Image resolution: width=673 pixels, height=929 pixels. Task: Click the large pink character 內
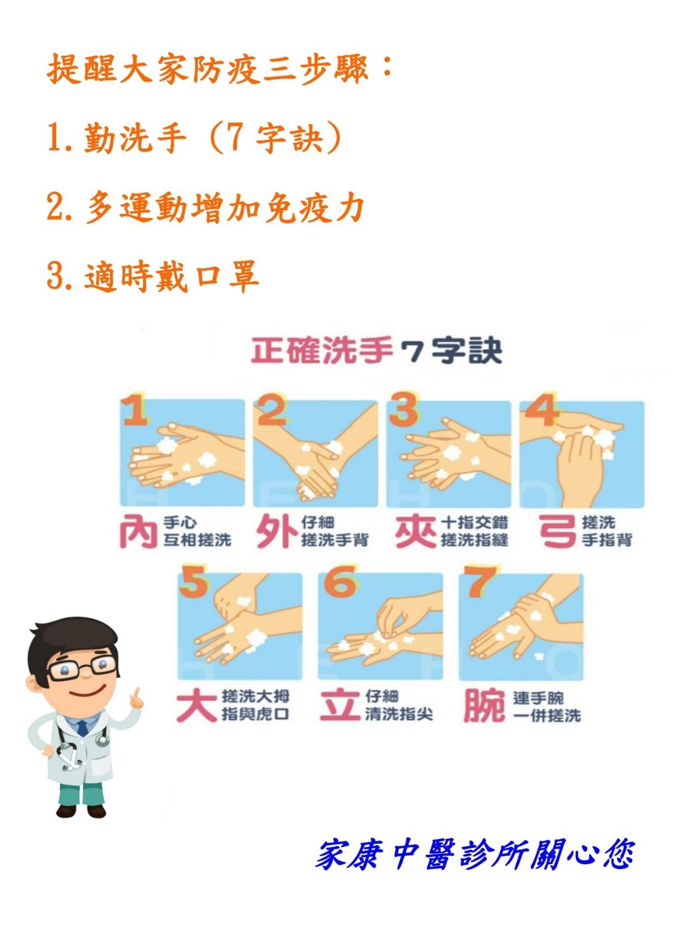tap(138, 532)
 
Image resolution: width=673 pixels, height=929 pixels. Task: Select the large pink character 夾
tap(415, 532)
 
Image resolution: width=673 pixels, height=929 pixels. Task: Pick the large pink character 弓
tap(558, 532)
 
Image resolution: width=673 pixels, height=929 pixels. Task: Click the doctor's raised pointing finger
tap(137, 694)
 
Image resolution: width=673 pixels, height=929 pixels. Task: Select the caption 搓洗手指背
tap(607, 532)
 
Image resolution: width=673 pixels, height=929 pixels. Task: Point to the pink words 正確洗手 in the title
tap(322, 350)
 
